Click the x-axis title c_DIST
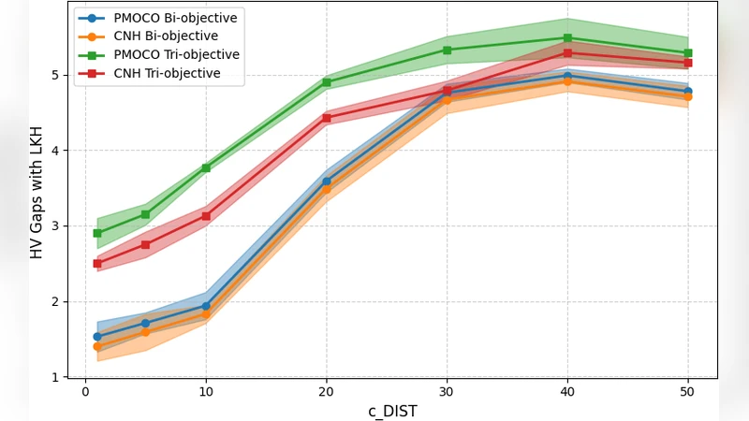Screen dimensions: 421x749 [x=392, y=411]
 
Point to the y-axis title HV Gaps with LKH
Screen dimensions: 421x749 [x=37, y=192]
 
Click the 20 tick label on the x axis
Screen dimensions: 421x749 [x=326, y=391]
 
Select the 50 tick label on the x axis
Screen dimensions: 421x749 [x=687, y=391]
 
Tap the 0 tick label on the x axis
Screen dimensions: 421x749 [x=85, y=391]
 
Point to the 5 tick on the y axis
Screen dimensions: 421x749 [x=55, y=75]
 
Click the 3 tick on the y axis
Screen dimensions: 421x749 [x=55, y=226]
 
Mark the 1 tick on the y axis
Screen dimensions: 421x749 [x=55, y=377]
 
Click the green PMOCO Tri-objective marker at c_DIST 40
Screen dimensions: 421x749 [x=567, y=38]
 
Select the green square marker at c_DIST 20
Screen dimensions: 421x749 [x=326, y=82]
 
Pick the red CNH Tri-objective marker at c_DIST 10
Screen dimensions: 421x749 [x=206, y=216]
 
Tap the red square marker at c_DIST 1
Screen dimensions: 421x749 [x=97, y=264]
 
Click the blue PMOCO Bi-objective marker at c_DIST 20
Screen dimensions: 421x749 [x=326, y=181]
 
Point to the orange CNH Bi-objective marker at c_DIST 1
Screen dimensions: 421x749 [x=97, y=346]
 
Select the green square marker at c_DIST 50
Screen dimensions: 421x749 [x=687, y=53]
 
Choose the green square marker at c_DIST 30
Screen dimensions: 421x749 [x=447, y=51]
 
